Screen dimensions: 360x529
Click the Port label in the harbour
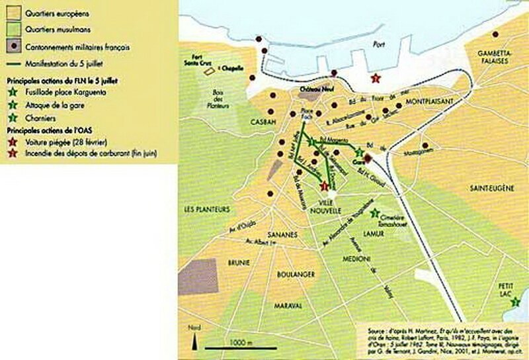click(x=378, y=45)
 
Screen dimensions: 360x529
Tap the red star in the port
click(x=376, y=79)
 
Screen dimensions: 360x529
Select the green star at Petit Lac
click(x=516, y=302)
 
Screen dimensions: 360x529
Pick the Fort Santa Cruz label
click(x=200, y=61)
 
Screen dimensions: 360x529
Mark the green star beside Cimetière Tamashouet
click(x=375, y=213)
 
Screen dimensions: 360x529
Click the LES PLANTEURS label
click(x=207, y=209)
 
